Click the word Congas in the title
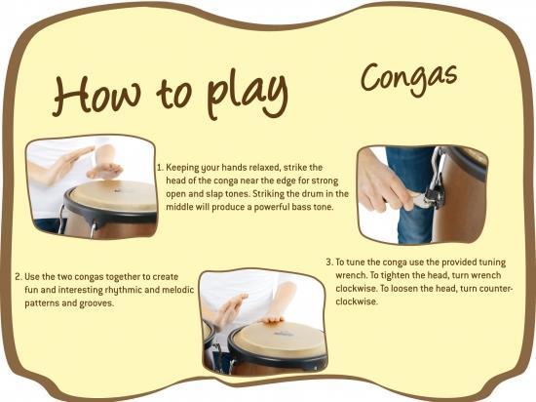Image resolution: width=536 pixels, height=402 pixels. pyautogui.click(x=409, y=78)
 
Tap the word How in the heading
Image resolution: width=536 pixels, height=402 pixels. pyautogui.click(x=96, y=94)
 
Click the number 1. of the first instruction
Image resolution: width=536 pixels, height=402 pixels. pyautogui.click(x=160, y=168)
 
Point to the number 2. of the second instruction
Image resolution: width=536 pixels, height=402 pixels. pyautogui.click(x=19, y=276)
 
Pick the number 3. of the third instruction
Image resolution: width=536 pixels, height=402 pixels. pyautogui.click(x=329, y=262)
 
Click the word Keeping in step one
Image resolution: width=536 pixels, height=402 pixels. pyautogui.click(x=182, y=168)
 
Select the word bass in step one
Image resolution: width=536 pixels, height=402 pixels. pyautogui.click(x=301, y=207)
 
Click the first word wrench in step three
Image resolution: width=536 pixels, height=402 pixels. pyautogui.click(x=349, y=275)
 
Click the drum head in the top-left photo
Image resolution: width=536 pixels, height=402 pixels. pyautogui.click(x=113, y=196)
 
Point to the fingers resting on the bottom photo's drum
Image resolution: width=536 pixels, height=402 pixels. pyautogui.click(x=272, y=320)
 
